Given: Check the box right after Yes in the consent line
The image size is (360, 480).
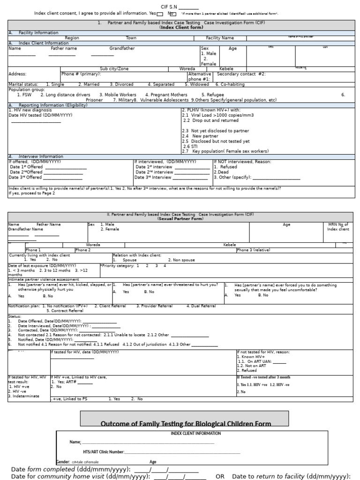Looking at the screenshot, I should tap(160, 14).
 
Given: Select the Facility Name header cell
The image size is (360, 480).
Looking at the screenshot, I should tap(220, 38).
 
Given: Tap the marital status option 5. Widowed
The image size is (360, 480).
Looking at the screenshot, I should tap(197, 84).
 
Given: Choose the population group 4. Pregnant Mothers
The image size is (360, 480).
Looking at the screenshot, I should tap(166, 95).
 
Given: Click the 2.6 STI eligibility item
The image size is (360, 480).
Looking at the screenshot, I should tap(190, 146).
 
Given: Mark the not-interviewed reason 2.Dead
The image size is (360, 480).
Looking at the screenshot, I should tap(221, 172).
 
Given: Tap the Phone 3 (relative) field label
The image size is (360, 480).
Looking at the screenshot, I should tap(254, 250).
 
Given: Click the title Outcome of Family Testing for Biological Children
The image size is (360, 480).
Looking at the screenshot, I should tap(186, 424).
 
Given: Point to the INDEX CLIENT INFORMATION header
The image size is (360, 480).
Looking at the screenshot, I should tap(192, 434).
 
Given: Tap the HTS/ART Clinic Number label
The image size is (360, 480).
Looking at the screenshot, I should tap(103, 452).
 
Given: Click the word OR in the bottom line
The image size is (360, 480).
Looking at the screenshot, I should tap(219, 476).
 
